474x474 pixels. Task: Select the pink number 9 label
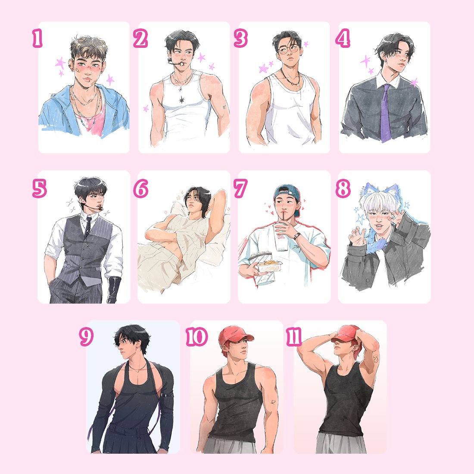86,337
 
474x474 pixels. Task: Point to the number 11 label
294,337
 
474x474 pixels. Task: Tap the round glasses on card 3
288,49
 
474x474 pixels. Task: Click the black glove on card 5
114,289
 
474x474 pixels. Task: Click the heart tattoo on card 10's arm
273,402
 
